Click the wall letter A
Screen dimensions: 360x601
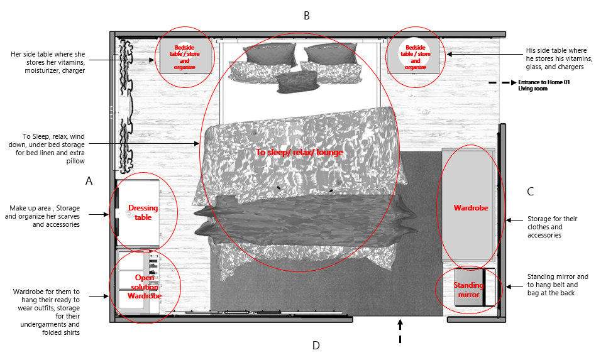89,181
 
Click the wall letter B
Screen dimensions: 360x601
306,16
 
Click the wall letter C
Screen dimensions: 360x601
530,192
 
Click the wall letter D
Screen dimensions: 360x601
316,346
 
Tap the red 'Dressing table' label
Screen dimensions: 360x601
143,212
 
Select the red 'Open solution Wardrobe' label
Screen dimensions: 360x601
145,286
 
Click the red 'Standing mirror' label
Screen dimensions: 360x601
468,290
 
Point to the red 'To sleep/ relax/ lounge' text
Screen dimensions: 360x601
300,153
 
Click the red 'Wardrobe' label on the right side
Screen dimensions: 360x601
471,207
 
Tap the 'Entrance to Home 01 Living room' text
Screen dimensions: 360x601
541,85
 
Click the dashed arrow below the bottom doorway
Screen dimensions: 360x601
400,330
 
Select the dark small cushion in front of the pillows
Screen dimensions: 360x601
297,82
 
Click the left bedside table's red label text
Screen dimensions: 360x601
185,57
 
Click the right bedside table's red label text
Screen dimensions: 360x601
415,57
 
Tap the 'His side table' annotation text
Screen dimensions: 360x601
556,58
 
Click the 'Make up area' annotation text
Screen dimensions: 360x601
45,216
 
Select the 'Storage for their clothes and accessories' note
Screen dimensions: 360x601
553,227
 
